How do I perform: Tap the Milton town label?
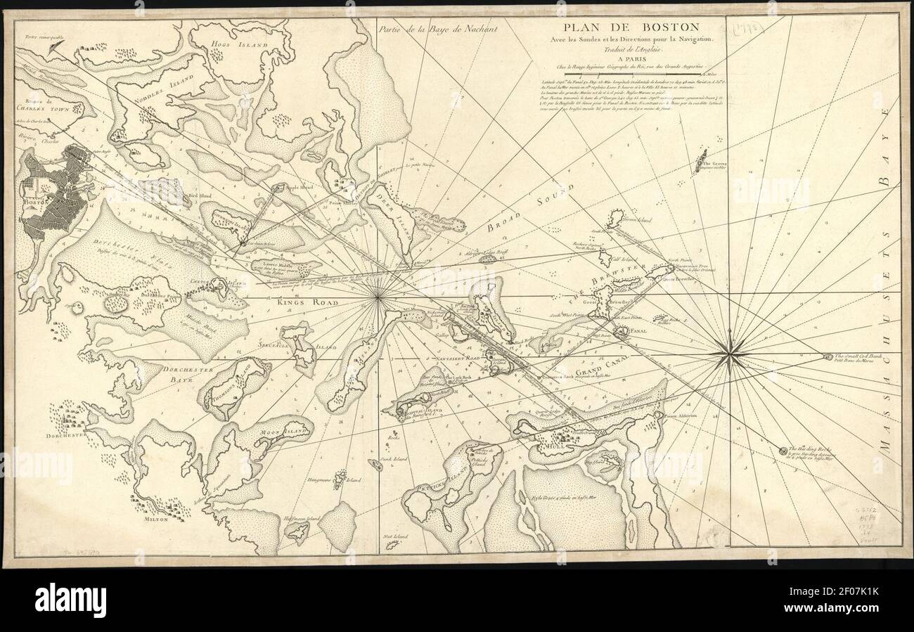point(156,519)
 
